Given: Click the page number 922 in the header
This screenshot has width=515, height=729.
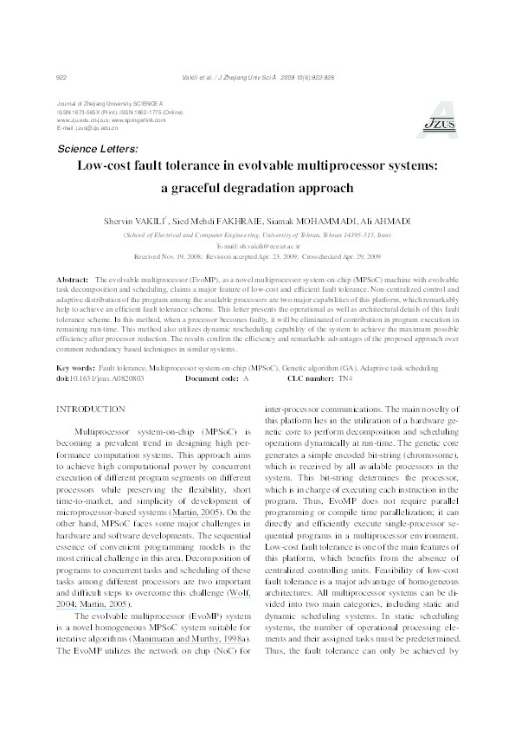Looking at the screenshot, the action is (61, 77).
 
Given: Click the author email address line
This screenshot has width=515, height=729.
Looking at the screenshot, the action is (258, 246).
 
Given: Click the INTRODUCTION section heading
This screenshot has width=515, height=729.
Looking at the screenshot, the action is (90, 409).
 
